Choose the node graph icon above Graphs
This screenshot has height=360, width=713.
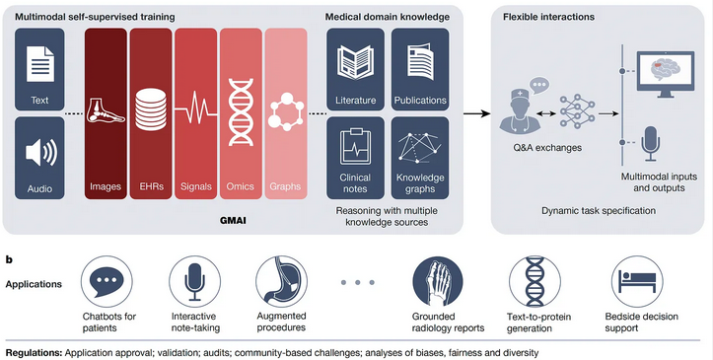(284, 107)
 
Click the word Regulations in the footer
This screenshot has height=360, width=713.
(36, 352)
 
